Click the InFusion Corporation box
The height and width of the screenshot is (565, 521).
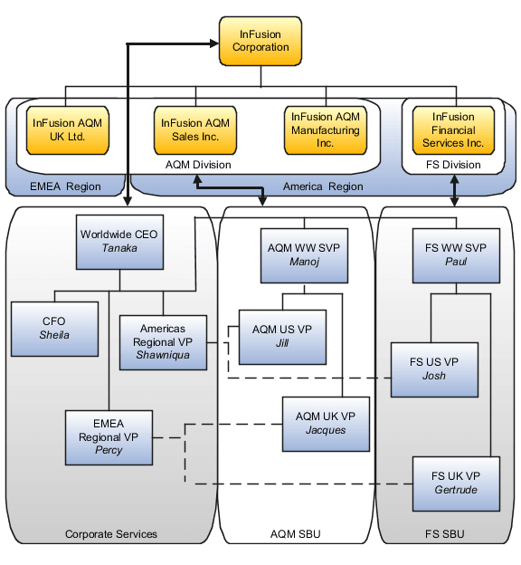point(260,42)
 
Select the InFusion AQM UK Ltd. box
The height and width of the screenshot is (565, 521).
point(68,130)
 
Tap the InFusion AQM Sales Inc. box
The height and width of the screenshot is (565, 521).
point(195,130)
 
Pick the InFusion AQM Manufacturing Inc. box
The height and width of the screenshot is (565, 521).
point(326,130)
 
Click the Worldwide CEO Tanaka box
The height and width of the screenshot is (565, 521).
point(119,242)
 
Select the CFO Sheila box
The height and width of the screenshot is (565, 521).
point(54,329)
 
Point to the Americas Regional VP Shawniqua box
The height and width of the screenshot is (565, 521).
point(163,341)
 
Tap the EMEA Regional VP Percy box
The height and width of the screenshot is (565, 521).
point(109,437)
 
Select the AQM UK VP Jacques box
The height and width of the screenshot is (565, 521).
point(326,424)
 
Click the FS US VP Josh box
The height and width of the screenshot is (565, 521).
point(434,369)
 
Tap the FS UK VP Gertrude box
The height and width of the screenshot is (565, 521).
point(456,483)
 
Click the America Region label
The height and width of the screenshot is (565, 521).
point(323,187)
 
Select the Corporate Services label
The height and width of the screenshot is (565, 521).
point(111,535)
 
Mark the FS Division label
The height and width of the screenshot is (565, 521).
point(453,165)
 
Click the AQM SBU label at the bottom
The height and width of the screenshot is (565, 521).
point(296,535)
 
